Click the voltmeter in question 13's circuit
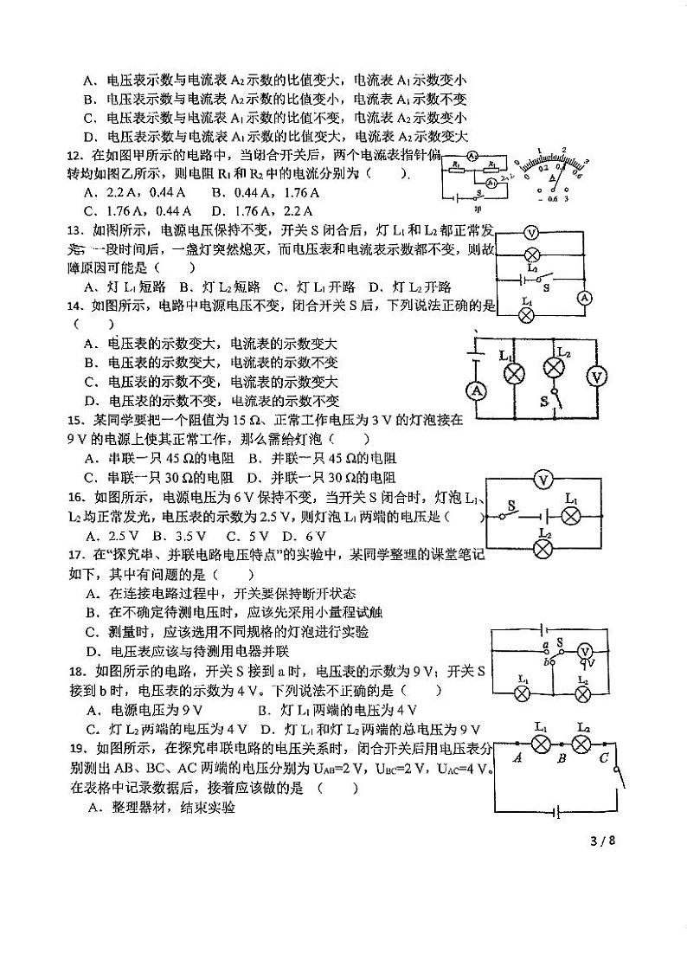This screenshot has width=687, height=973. (533, 232)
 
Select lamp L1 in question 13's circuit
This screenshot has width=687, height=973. (525, 316)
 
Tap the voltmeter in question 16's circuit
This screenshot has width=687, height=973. (543, 479)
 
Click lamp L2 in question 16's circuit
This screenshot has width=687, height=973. (543, 548)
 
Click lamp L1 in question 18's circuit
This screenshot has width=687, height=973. (522, 693)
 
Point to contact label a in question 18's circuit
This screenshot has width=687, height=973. (545, 645)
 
